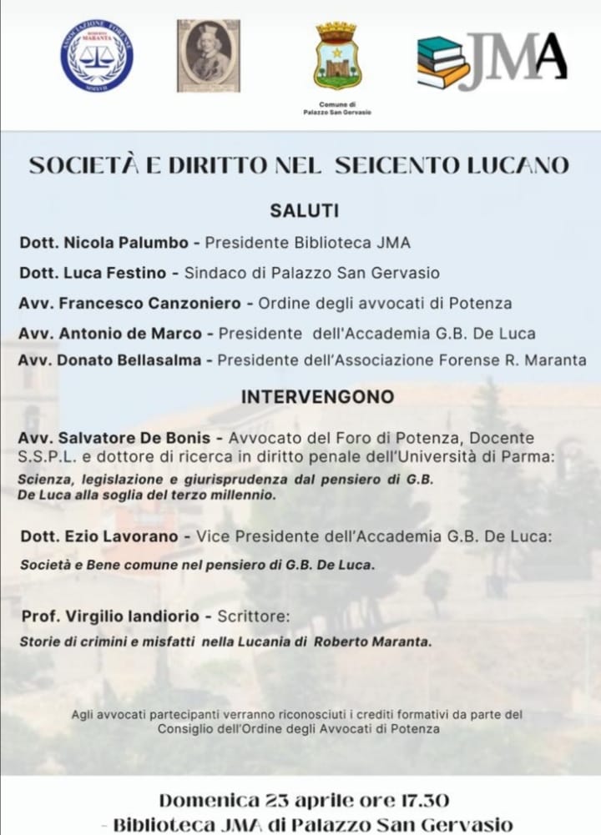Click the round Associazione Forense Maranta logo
click(x=96, y=56)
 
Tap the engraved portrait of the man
click(x=208, y=55)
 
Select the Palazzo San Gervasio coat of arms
click(x=337, y=57)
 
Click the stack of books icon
click(x=443, y=63)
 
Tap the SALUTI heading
click(x=304, y=211)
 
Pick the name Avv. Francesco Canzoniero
click(x=130, y=303)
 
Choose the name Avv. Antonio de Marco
click(x=110, y=333)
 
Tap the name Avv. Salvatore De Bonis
click(x=119, y=438)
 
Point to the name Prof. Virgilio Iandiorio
click(x=109, y=616)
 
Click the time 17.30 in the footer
click(x=420, y=801)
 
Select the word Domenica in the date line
click(x=209, y=801)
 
